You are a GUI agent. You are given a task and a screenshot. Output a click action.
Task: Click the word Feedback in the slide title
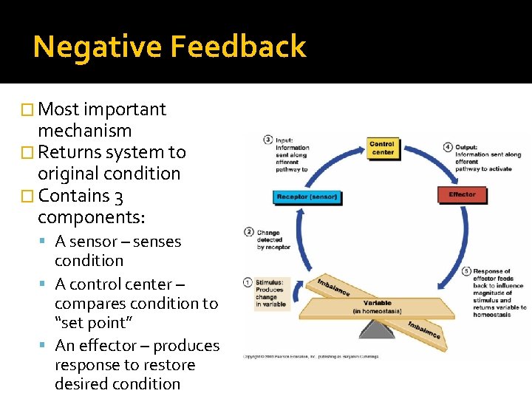(238, 47)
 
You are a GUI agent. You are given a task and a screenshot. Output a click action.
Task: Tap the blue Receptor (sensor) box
(307, 197)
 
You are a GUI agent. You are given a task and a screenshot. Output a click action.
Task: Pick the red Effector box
(462, 194)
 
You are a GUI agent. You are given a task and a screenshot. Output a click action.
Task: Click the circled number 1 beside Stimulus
(248, 282)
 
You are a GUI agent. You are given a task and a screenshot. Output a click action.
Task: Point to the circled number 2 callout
(249, 233)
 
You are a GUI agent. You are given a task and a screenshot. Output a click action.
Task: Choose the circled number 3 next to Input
(268, 140)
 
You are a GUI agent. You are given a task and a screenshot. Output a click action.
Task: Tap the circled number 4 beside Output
(448, 146)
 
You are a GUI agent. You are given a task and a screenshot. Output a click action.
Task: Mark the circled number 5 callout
(466, 271)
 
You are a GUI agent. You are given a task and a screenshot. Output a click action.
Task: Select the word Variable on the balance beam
(378, 303)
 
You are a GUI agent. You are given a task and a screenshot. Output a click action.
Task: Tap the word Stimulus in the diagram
(269, 282)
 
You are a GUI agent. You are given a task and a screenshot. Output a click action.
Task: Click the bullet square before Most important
(30, 110)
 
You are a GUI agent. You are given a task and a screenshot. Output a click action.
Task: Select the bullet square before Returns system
(30, 153)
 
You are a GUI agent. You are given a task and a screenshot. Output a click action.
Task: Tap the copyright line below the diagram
(310, 357)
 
